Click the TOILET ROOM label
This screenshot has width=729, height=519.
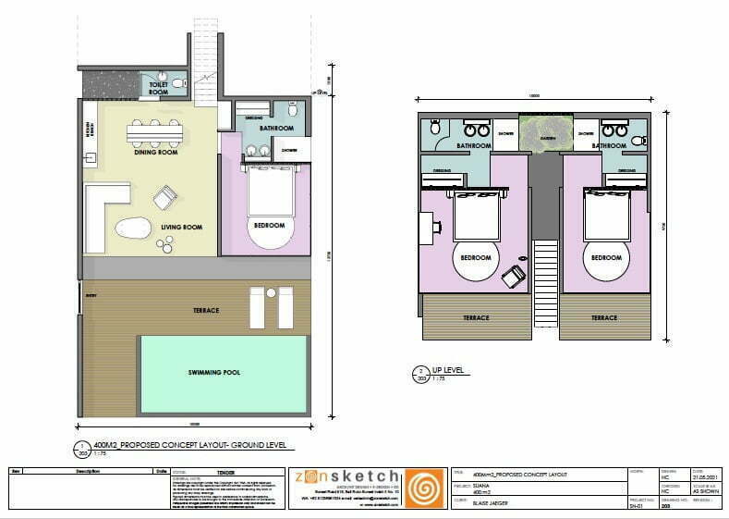(159, 89)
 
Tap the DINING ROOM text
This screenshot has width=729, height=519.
(155, 153)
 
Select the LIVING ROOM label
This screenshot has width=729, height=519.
(181, 227)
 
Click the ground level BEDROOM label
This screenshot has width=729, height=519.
(270, 225)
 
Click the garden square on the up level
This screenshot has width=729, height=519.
(546, 133)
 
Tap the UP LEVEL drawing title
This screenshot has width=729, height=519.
(455, 370)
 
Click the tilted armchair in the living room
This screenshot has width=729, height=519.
(165, 198)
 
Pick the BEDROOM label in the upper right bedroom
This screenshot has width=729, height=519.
(606, 257)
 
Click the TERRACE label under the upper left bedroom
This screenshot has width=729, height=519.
(476, 317)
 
